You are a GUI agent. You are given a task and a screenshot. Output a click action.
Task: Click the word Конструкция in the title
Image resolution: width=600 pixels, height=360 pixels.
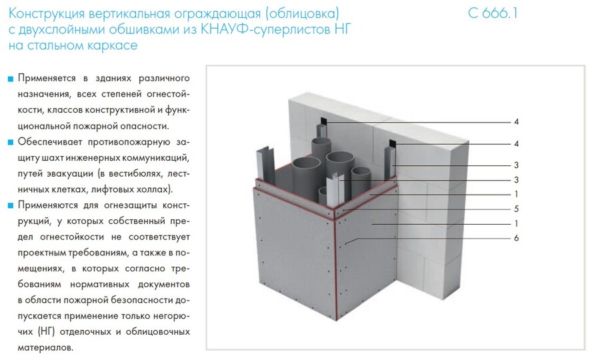click(47, 13)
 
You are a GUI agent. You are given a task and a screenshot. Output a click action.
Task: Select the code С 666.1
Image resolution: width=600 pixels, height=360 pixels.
click(493, 13)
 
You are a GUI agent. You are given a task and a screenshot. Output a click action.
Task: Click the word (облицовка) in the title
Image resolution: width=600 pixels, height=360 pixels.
click(303, 14)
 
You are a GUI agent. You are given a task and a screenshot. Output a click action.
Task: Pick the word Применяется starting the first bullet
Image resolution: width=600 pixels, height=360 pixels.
click(47, 79)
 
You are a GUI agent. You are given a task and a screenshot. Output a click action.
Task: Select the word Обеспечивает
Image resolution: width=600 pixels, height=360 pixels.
click(50, 142)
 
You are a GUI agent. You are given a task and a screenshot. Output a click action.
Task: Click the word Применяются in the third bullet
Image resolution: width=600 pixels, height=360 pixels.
click(47, 205)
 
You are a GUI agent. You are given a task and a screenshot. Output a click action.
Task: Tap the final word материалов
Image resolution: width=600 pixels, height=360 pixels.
click(45, 348)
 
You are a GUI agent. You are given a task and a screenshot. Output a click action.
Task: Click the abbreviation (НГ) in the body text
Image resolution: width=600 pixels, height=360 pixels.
click(46, 332)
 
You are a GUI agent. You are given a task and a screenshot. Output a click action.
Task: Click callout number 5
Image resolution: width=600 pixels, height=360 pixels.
click(516, 209)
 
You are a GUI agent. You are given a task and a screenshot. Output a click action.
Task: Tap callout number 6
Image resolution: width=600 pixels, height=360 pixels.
click(516, 238)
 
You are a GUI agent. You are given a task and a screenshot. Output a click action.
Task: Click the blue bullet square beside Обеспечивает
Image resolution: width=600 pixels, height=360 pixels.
click(11, 142)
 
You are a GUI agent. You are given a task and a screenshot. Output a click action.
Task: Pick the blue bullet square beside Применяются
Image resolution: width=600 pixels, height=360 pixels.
click(11, 206)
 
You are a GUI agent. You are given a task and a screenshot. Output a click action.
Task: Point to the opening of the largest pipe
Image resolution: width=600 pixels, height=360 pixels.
click(306, 164)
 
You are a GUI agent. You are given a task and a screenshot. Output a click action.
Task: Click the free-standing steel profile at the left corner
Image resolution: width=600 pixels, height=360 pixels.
click(265, 165)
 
